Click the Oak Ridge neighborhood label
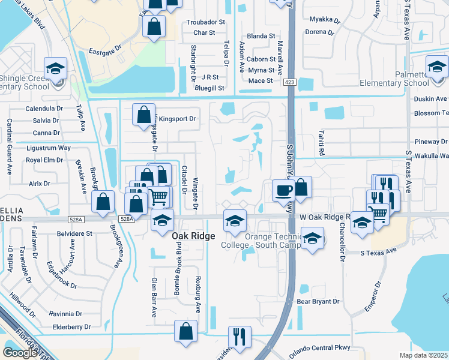(x=193, y=236)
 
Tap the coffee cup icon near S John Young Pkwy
(x=284, y=191)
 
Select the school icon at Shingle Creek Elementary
(x=55, y=69)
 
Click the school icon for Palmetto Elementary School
(x=437, y=67)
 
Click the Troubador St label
(x=205, y=22)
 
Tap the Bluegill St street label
(x=209, y=88)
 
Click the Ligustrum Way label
(x=49, y=148)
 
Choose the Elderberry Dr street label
(x=71, y=327)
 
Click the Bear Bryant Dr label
(x=318, y=302)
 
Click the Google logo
(x=20, y=352)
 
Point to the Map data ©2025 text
(x=423, y=355)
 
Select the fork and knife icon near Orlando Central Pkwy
(x=240, y=338)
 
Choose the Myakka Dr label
(x=324, y=19)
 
